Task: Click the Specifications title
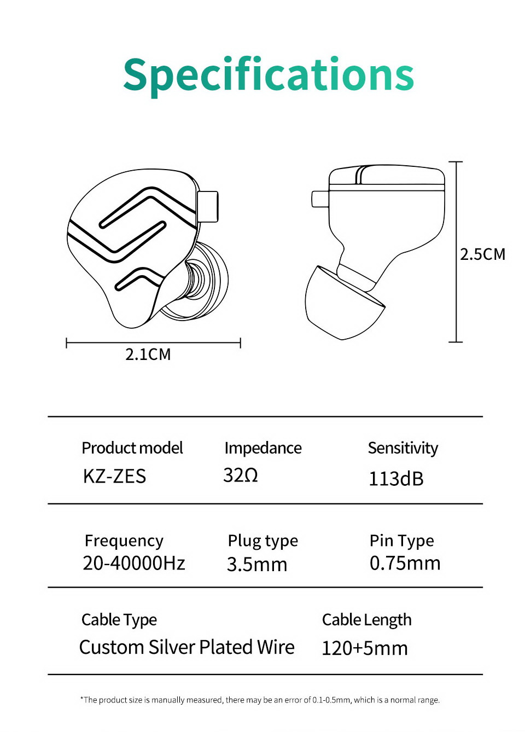click(269, 74)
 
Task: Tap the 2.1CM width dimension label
click(148, 355)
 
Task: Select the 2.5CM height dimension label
click(482, 254)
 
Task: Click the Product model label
click(132, 448)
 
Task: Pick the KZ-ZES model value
click(114, 477)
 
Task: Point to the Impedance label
click(262, 448)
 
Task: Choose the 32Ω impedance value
click(241, 475)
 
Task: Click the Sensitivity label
click(402, 448)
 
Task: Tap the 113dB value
click(396, 479)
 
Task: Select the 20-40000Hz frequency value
click(134, 563)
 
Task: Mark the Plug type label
click(262, 541)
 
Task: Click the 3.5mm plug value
click(257, 564)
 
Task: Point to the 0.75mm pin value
click(405, 563)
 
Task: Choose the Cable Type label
click(119, 620)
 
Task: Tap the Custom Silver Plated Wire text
click(186, 647)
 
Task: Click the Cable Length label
click(366, 620)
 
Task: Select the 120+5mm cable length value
click(364, 648)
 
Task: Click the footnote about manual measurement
click(260, 700)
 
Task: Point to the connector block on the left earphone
click(208, 206)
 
